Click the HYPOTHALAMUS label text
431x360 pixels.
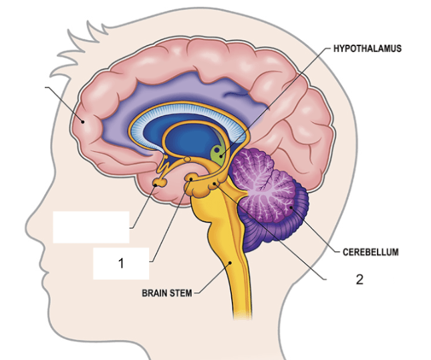[368, 49]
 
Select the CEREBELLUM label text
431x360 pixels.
[370, 252]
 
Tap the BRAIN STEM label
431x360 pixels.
[167, 293]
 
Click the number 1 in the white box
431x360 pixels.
[121, 263]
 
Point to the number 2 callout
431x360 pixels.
[360, 279]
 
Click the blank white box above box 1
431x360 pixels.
[91, 227]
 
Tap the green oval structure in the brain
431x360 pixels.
[219, 154]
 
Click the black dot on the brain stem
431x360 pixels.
[231, 262]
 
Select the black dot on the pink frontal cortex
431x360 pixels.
[82, 121]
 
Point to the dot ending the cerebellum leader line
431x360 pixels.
[291, 207]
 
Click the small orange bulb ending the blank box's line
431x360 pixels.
[159, 182]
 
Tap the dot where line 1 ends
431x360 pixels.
[190, 179]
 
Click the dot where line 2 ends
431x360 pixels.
[214, 184]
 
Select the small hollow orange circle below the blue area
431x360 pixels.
[187, 159]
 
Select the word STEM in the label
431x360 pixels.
[180, 293]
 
